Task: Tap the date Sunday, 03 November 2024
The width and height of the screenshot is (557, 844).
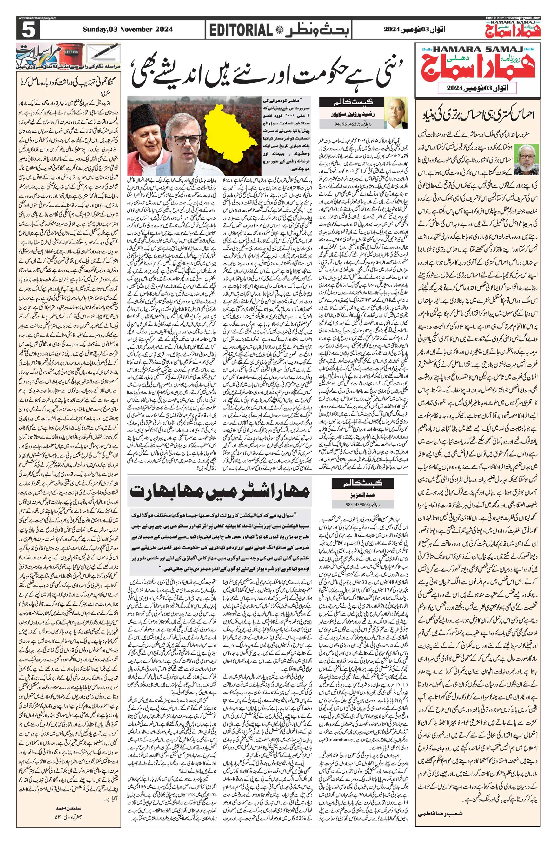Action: tap(128, 30)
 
